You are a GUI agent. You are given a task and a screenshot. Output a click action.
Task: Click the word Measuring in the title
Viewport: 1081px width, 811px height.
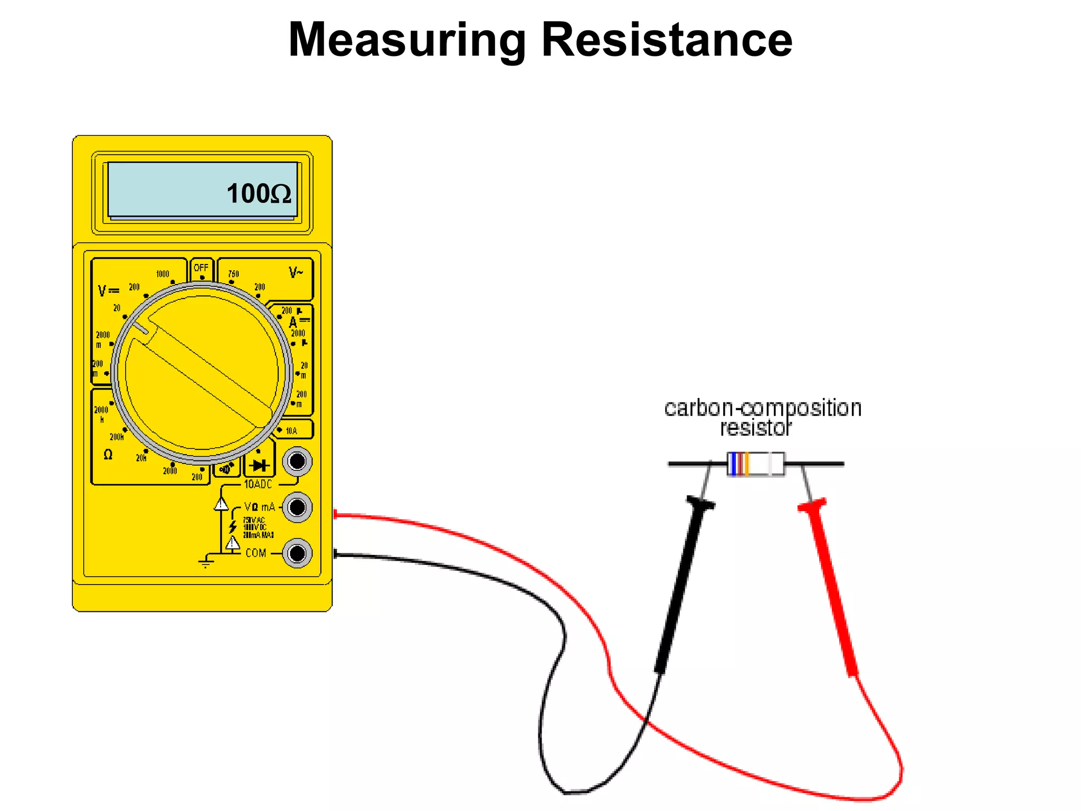[407, 41]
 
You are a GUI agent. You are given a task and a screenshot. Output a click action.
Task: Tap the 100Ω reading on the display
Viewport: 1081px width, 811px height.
[259, 193]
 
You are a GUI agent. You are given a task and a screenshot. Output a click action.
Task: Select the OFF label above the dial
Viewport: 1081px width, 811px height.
[201, 268]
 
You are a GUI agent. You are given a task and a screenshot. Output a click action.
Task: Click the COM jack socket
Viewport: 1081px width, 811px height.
[297, 553]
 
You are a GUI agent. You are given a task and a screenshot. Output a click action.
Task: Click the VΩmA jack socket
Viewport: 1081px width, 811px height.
[297, 507]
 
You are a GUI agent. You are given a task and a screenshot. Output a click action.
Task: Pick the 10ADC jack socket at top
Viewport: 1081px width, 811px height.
[297, 461]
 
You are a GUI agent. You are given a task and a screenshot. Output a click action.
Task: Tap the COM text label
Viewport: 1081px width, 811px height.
[256, 553]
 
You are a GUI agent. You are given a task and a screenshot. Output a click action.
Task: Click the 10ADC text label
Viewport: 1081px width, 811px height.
[258, 484]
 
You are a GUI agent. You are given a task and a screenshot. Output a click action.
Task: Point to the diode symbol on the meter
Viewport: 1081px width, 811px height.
[259, 465]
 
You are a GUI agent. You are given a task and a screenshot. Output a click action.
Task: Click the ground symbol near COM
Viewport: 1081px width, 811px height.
[206, 562]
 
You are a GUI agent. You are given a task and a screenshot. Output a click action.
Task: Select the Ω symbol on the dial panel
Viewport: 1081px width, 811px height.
[108, 455]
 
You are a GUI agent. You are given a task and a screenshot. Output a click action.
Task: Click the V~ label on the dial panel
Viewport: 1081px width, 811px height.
[296, 272]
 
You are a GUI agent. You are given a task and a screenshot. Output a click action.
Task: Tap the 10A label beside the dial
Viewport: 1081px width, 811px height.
[291, 431]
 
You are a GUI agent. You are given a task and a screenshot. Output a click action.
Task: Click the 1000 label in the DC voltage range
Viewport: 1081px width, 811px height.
[163, 274]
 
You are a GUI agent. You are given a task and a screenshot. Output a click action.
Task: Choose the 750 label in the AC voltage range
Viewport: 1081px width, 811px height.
[233, 274]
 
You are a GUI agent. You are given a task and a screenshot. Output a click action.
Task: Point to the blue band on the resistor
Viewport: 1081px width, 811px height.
[733, 464]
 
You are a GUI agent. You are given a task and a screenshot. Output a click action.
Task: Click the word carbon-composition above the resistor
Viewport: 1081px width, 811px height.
[763, 408]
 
